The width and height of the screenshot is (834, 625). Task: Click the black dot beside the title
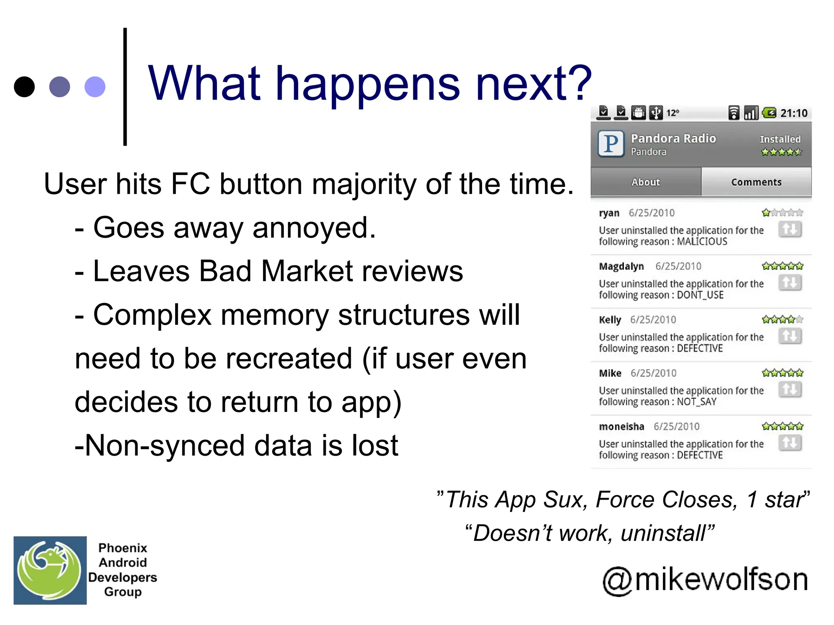tap(24, 87)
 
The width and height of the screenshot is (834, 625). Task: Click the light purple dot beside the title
tap(95, 87)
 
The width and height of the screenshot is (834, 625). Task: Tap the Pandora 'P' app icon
tap(611, 144)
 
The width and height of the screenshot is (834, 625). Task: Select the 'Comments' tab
tap(756, 182)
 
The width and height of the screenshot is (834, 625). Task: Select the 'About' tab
tap(645, 182)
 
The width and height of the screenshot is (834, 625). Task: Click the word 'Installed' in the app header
tap(780, 139)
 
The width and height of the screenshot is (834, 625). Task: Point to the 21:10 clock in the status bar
tap(794, 113)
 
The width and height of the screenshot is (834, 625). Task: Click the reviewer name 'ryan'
tap(609, 213)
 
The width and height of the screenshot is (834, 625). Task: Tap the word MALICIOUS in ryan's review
tap(702, 242)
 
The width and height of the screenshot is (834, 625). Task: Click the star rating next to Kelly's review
tap(782, 320)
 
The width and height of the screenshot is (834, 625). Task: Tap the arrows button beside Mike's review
tap(790, 389)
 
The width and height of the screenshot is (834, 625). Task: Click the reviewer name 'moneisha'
tap(621, 427)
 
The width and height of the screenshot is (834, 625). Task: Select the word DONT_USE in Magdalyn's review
tap(700, 295)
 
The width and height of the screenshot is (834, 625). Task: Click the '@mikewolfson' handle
tap(705, 579)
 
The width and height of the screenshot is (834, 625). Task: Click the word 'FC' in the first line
tap(190, 184)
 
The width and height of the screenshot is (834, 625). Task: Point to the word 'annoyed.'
tap(314, 227)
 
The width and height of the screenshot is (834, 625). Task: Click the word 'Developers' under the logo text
tap(123, 577)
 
